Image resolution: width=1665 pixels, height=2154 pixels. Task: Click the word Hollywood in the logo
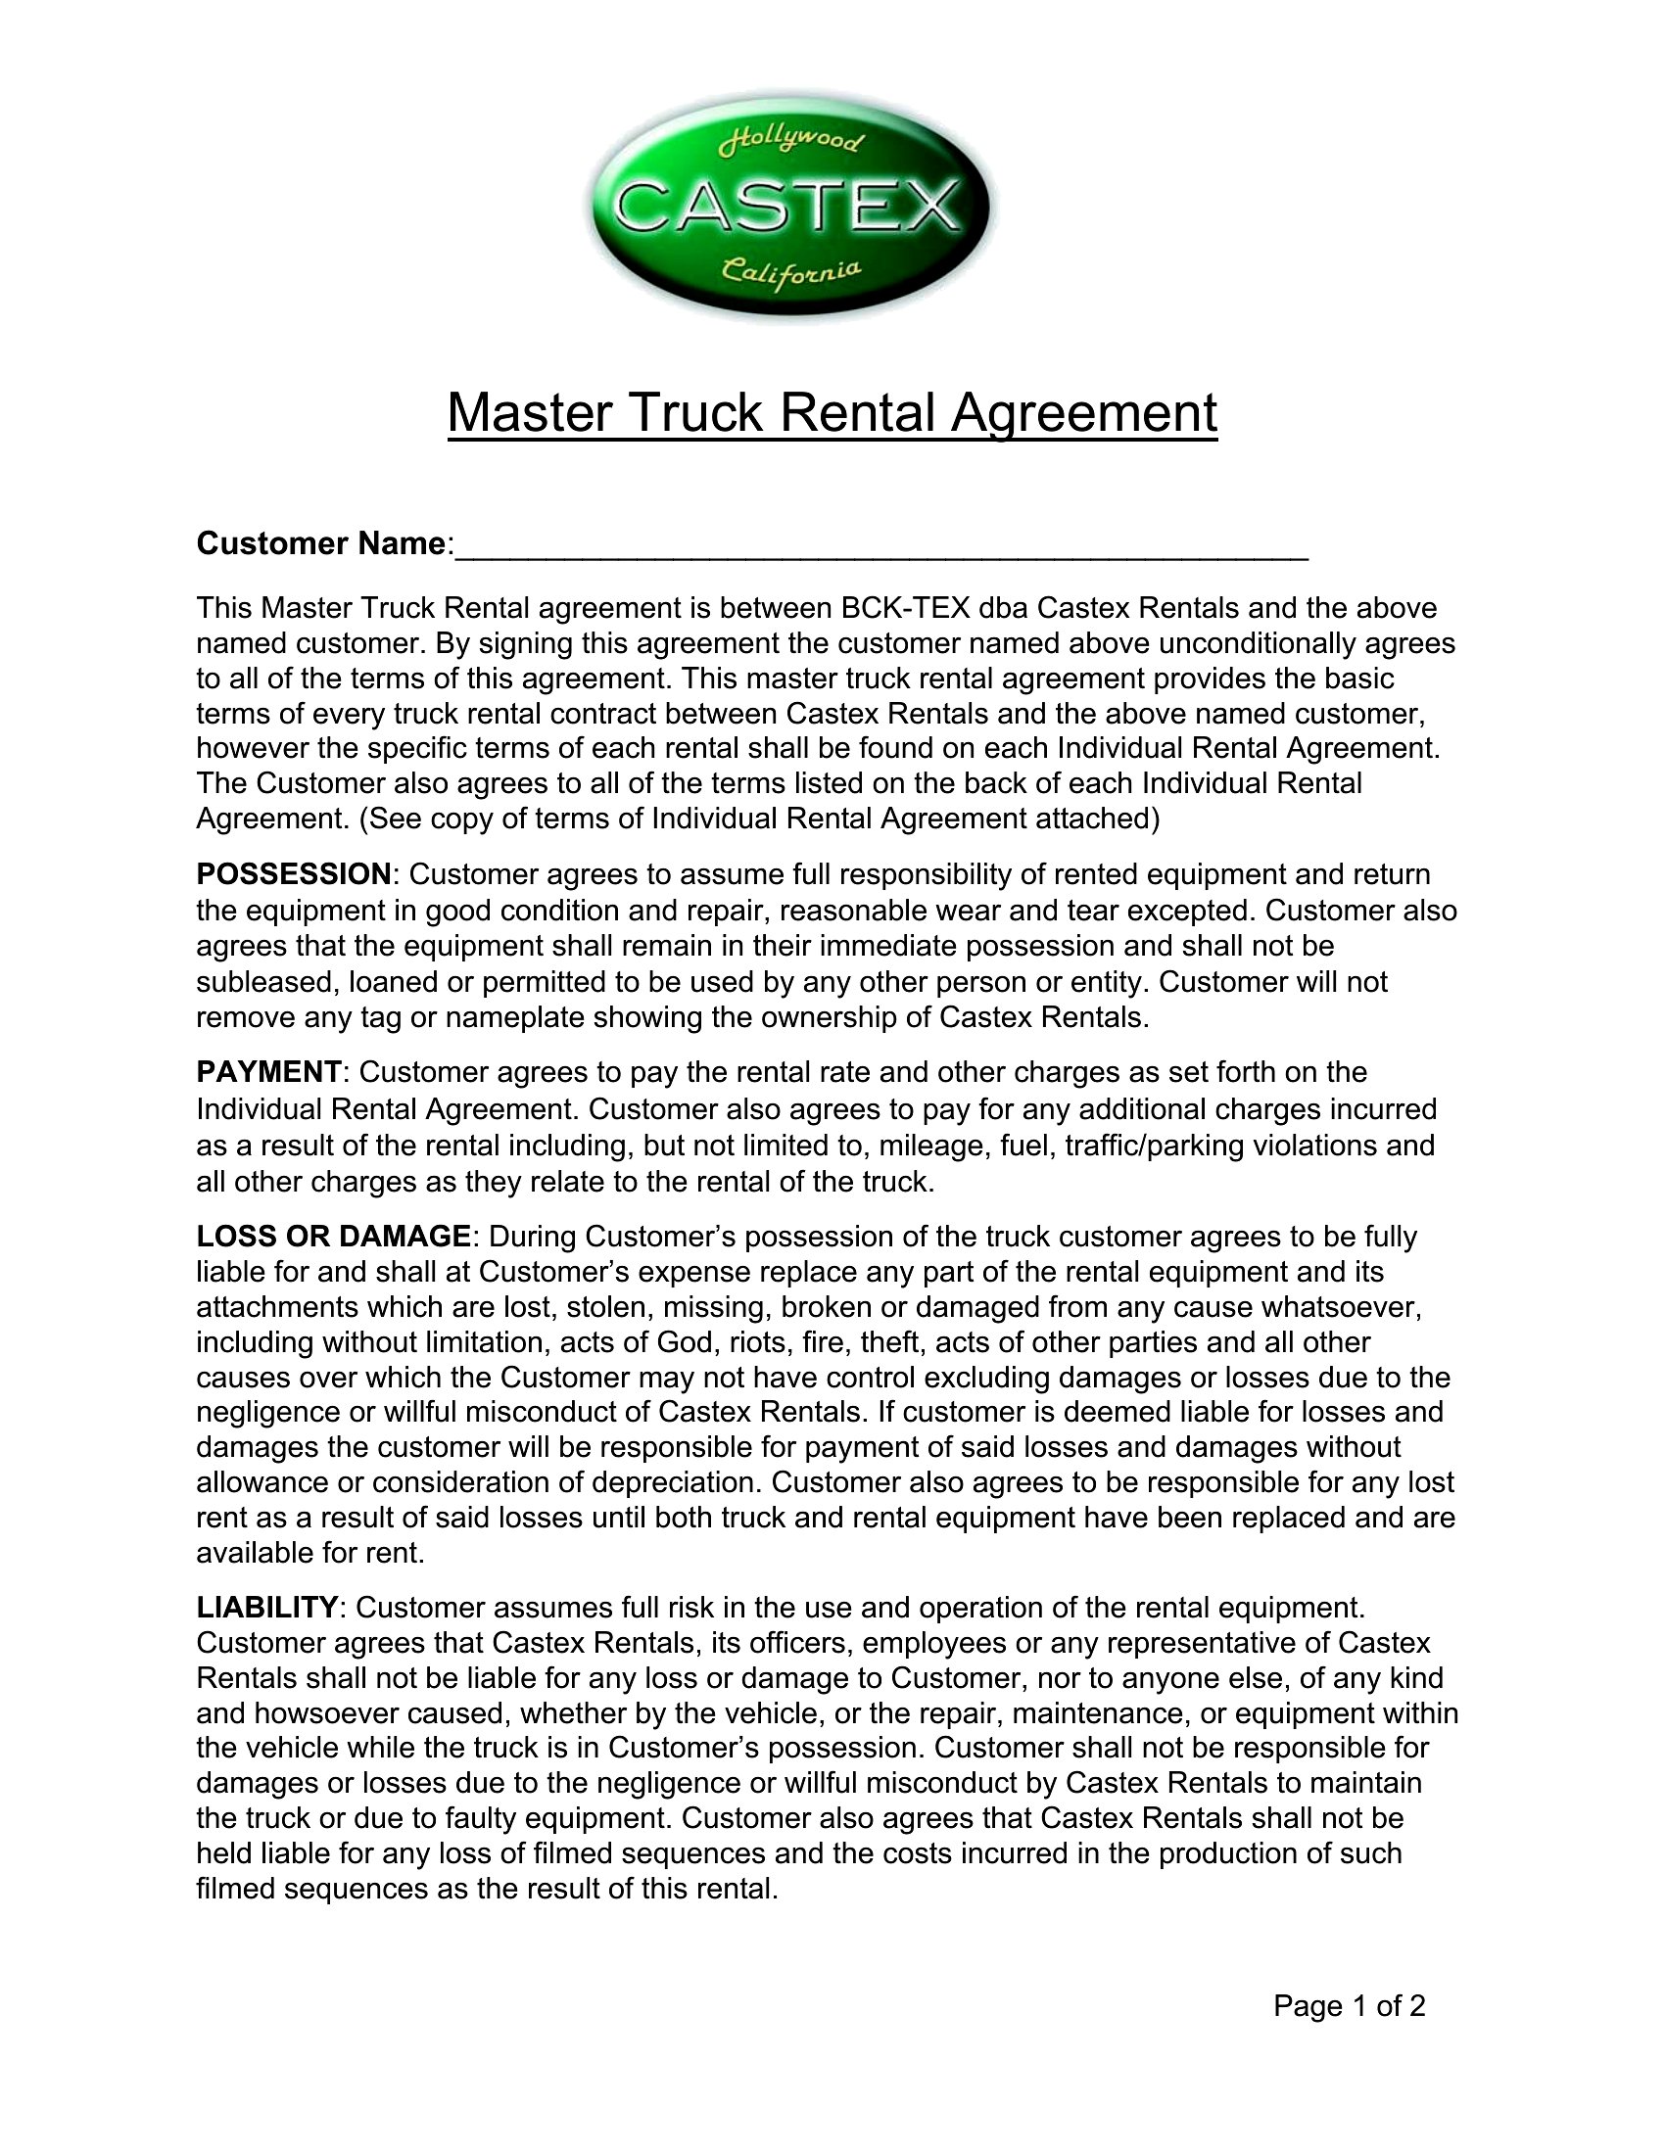[x=792, y=145]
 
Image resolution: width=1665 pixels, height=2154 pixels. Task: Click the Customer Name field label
[x=321, y=543]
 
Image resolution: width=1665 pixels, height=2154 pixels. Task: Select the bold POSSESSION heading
[x=294, y=874]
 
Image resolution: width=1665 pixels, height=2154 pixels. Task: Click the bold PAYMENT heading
[x=268, y=1072]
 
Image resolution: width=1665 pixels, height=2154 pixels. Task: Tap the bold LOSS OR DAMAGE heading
[x=333, y=1236]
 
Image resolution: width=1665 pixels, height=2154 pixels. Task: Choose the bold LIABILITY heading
[x=267, y=1608]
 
